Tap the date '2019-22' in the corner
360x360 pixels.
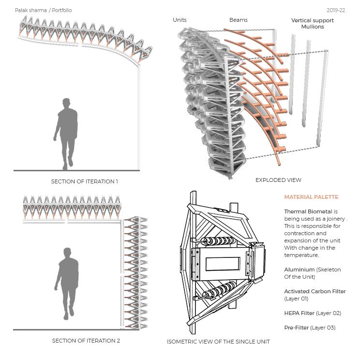coord(335,10)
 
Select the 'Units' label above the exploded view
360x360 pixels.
coord(180,20)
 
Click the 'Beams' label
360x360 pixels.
coord(238,20)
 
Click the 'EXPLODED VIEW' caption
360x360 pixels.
coord(278,180)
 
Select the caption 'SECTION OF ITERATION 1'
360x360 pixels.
coord(85,181)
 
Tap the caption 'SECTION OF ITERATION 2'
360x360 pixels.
coord(86,341)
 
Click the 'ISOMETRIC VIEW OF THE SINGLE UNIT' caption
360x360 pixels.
coord(218,342)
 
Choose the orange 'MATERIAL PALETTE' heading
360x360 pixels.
coord(311,197)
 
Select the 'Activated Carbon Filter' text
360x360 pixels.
coord(315,291)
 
